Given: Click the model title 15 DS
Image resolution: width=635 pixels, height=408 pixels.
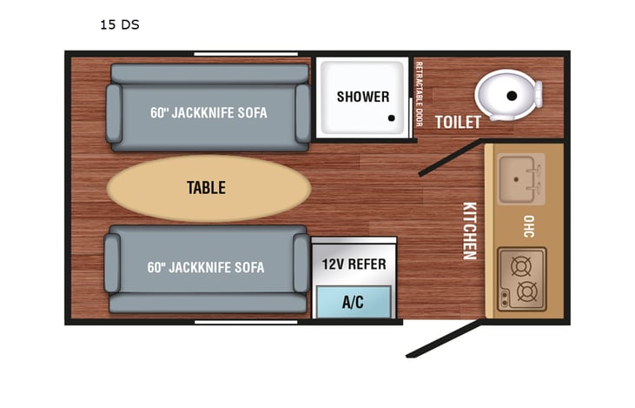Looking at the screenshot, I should point(119,24).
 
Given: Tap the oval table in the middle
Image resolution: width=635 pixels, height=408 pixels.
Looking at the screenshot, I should point(208,187).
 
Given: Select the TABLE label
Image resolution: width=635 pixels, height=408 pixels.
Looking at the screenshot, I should point(206,187).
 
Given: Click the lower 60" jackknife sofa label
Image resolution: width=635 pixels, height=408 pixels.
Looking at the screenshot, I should point(206,267).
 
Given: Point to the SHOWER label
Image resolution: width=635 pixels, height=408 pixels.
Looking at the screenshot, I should point(363,97).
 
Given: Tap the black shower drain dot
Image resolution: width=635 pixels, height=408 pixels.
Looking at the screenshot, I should point(392,119).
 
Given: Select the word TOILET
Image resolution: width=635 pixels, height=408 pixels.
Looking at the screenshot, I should point(457,123).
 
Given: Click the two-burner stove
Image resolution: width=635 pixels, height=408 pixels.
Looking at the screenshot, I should point(521,278).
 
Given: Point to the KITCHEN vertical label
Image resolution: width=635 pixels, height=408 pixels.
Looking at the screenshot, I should point(469,231).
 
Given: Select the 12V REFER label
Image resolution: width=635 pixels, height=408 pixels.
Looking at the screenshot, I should point(354,264).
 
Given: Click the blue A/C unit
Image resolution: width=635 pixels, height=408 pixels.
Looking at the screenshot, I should point(353,303).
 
